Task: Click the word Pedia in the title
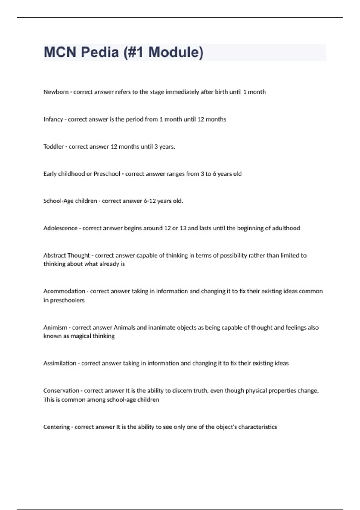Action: (x=99, y=52)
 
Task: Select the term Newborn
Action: (x=56, y=92)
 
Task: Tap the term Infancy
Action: (x=53, y=119)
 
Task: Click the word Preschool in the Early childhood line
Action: (x=107, y=174)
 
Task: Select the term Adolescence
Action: (x=60, y=228)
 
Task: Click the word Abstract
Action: (x=54, y=256)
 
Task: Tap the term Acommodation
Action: (x=64, y=291)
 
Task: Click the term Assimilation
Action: (x=60, y=363)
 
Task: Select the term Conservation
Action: (x=61, y=391)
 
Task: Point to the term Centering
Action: (x=56, y=427)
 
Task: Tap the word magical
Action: (x=81, y=336)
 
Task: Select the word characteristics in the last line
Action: (x=258, y=427)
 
